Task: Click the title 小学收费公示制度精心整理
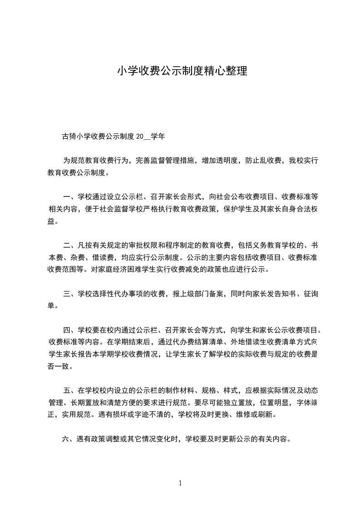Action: pyautogui.click(x=182, y=71)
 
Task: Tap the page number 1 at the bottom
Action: pyautogui.click(x=180, y=483)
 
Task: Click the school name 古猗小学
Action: pyautogui.click(x=77, y=135)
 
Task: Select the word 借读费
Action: pyautogui.click(x=102, y=258)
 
